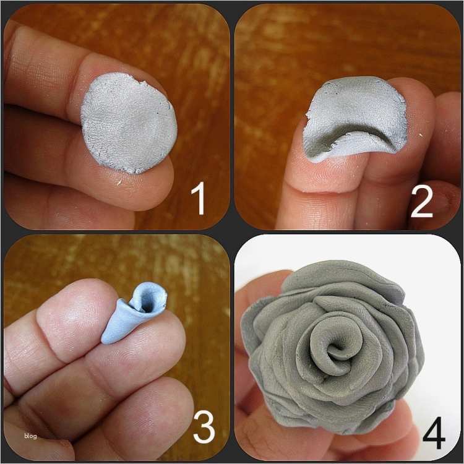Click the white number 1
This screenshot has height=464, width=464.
tap(199, 198)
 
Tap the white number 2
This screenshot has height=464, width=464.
tap(422, 200)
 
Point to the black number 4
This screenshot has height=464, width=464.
tap(434, 432)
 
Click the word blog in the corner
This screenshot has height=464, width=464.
tap(30, 436)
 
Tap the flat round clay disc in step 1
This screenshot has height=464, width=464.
tap(129, 123)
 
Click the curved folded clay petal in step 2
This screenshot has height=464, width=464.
tap(355, 118)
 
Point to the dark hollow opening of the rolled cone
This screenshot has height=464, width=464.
tap(147, 305)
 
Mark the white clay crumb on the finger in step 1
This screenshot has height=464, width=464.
tap(119, 183)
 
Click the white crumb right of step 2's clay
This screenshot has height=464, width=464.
tap(420, 135)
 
